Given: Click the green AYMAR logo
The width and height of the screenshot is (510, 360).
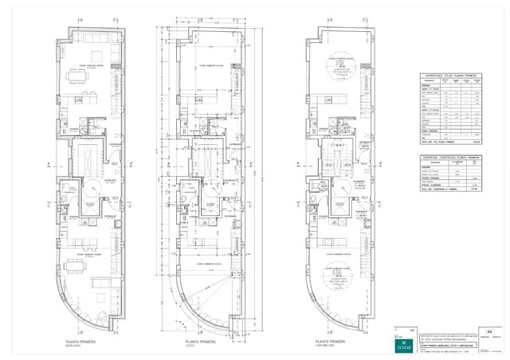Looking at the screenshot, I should [405, 347].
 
